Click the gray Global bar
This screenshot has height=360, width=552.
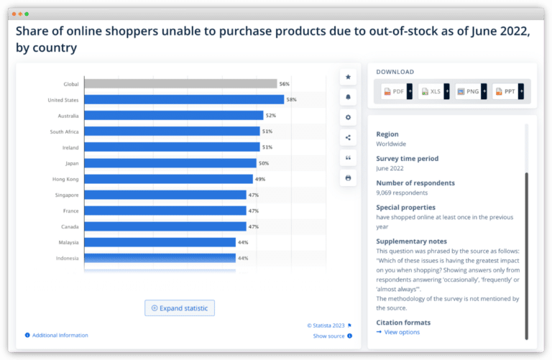click(180, 84)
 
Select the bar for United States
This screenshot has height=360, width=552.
click(185, 100)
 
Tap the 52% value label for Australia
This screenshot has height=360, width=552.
click(270, 116)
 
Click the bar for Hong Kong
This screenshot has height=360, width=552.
click(168, 179)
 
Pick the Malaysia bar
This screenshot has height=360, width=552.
click(160, 242)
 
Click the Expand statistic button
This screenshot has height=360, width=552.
click(180, 308)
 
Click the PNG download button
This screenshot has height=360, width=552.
click(470, 91)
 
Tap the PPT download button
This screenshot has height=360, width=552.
click(507, 91)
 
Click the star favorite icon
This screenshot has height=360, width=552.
click(349, 77)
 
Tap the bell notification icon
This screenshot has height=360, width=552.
click(349, 97)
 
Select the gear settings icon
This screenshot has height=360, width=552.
click(349, 117)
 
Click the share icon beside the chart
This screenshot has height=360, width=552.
click(349, 137)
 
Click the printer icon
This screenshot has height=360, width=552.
click(349, 177)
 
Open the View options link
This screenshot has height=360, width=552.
click(401, 332)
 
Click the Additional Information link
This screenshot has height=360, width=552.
click(60, 336)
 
